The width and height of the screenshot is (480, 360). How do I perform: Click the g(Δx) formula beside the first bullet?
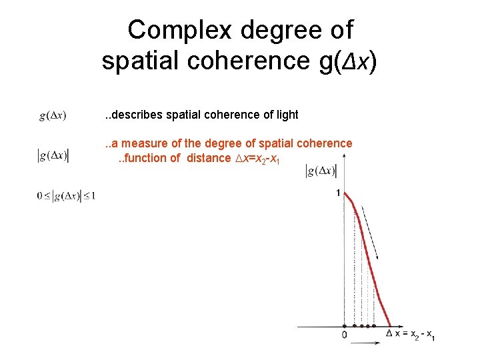(x=53, y=116)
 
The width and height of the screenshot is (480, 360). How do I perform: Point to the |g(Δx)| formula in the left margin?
(x=53, y=156)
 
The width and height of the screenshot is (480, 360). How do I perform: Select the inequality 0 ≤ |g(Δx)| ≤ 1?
(x=67, y=196)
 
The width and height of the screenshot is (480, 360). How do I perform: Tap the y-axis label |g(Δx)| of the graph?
(x=321, y=171)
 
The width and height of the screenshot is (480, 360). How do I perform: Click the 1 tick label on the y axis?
(x=338, y=193)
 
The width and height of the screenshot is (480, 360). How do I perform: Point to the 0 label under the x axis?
(x=344, y=335)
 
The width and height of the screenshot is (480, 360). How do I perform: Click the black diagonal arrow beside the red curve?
(x=372, y=234)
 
